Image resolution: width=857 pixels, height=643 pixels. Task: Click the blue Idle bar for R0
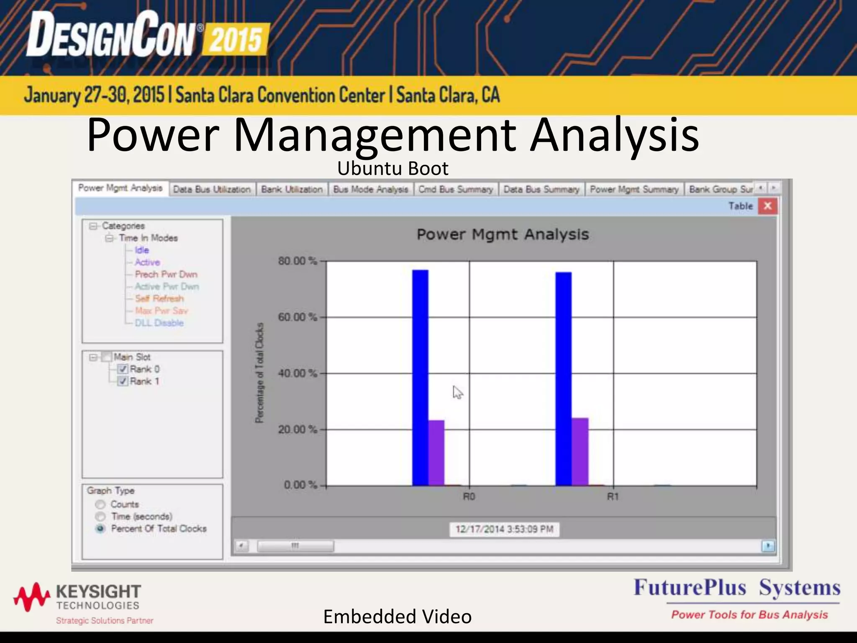point(420,377)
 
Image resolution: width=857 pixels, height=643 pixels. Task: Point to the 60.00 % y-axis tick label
point(298,317)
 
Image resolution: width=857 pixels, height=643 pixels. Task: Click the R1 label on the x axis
point(613,497)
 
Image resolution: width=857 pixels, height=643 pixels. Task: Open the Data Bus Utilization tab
point(212,190)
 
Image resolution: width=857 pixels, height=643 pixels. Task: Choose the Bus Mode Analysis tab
point(371,190)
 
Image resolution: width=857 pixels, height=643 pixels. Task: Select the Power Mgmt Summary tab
point(634,190)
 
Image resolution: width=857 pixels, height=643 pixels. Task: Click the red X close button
point(767,206)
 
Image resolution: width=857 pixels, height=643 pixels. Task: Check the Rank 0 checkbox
point(123,369)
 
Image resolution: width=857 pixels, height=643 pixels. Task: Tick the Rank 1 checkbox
point(123,381)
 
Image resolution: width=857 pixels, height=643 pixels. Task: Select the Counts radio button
point(100,504)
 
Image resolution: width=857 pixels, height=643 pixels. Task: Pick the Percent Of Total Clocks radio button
point(100,529)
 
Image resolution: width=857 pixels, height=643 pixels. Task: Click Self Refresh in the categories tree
point(159,298)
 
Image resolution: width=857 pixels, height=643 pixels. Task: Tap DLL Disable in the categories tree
point(159,323)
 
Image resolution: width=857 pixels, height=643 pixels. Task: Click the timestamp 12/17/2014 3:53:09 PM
point(504,529)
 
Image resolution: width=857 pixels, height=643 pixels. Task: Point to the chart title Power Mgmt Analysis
point(503,234)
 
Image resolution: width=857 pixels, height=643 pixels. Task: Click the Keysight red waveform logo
point(32,596)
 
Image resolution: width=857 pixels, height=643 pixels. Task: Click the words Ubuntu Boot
point(393,169)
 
